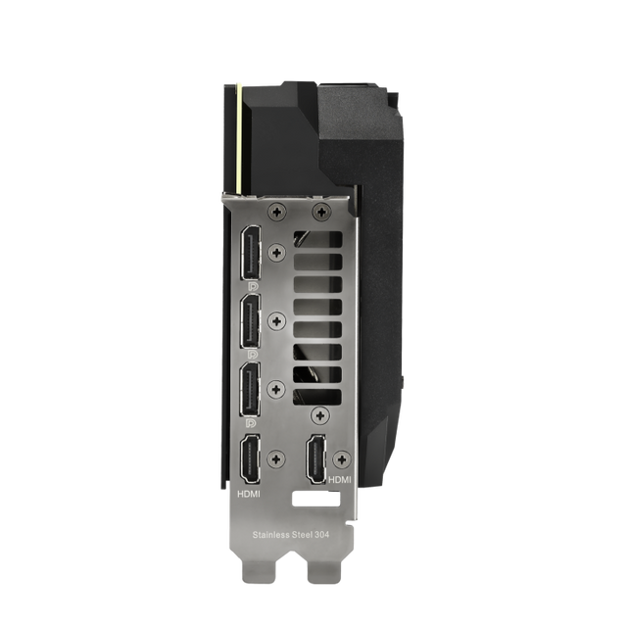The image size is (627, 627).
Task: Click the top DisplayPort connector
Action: click(251, 252)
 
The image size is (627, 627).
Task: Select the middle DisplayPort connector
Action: click(251, 320)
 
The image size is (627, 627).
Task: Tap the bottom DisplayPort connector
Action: click(251, 390)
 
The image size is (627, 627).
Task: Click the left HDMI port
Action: click(250, 459)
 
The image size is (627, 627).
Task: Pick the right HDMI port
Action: click(315, 459)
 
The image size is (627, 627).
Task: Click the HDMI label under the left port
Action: click(249, 494)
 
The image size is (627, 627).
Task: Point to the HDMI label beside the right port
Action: click(340, 479)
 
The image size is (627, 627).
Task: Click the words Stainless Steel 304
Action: click(291, 535)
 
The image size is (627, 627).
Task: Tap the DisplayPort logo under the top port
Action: click(253, 285)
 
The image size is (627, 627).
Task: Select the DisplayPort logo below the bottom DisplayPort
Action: click(252, 422)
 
